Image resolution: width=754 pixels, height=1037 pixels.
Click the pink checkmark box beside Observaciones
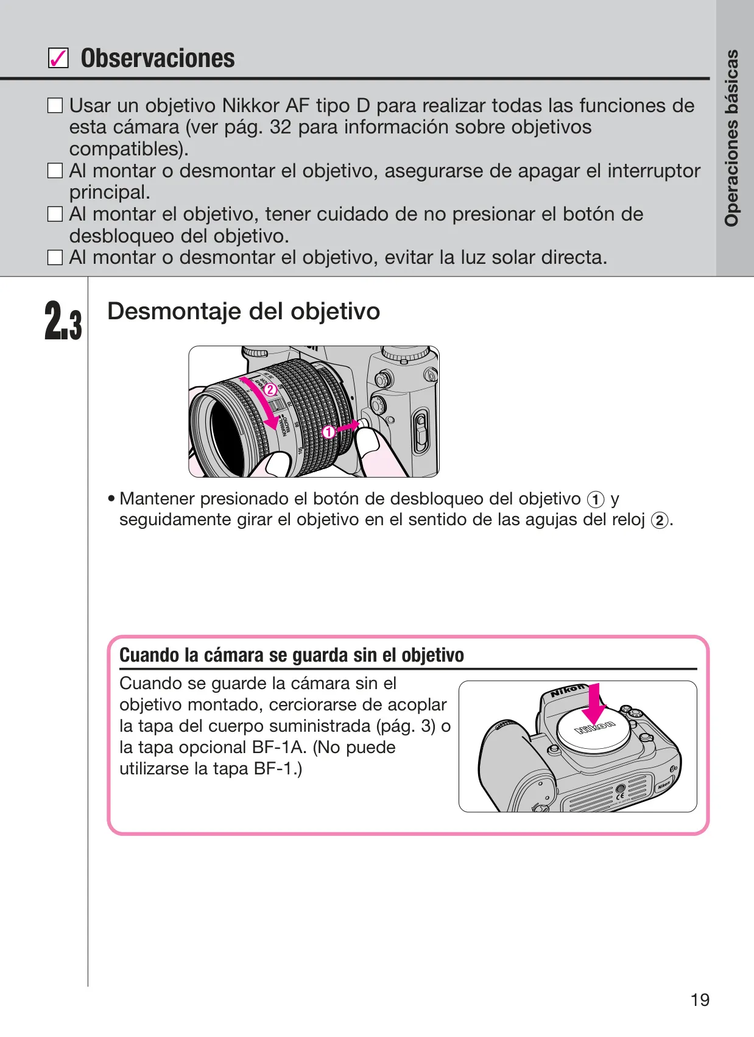point(58,58)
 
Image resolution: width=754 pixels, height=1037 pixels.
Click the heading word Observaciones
point(158,58)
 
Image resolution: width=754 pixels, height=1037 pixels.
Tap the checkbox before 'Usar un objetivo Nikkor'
point(55,105)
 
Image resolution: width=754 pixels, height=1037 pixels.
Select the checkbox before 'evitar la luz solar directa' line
point(55,257)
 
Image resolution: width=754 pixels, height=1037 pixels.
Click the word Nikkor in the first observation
point(250,105)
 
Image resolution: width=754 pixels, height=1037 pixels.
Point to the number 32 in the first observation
point(280,127)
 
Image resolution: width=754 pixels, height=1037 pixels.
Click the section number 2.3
point(63,321)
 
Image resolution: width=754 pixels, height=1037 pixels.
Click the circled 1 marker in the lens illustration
point(328,433)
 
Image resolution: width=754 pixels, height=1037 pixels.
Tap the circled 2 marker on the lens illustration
point(270,390)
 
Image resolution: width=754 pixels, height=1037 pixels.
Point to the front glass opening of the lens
point(226,435)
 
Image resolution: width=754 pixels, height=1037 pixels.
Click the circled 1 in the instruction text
point(595,500)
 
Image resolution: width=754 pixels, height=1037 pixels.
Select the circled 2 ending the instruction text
point(659,521)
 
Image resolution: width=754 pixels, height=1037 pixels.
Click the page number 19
point(700,999)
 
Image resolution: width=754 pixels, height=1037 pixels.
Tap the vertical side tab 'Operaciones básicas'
point(731,138)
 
